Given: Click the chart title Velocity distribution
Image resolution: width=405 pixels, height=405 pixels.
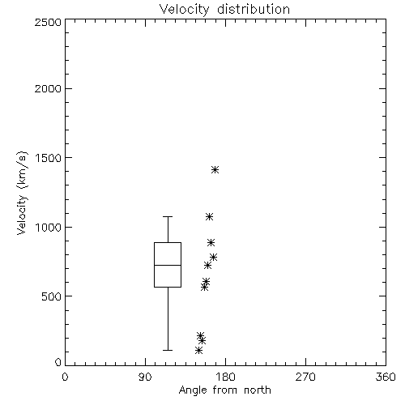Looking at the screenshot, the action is [x=224, y=10].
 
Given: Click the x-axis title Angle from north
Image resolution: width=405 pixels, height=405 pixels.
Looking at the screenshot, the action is [x=224, y=390].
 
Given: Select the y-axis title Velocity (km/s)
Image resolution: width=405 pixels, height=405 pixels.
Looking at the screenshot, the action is [x=22, y=194].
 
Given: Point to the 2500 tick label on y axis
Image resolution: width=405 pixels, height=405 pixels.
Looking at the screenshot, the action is [x=48, y=22].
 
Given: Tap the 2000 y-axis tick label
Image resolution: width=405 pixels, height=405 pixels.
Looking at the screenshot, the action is [x=48, y=88].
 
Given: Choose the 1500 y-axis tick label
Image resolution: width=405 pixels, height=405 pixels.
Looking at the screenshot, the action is [x=49, y=158].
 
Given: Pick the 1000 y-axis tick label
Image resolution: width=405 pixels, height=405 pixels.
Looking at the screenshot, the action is [x=49, y=227].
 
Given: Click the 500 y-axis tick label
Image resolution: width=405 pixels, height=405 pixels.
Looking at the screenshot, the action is [x=52, y=296].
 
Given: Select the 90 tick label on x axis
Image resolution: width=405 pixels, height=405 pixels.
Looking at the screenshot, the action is [x=145, y=377].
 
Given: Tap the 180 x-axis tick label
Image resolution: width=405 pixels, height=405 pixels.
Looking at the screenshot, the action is [x=225, y=377].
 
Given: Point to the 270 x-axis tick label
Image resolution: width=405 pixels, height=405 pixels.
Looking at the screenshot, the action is [x=305, y=377].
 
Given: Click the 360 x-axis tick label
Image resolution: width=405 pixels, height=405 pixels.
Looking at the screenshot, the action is [x=386, y=377].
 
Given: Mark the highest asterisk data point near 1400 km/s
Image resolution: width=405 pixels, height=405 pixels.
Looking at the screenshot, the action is [x=215, y=170].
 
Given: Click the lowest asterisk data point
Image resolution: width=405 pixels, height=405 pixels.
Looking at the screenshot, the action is [x=198, y=351].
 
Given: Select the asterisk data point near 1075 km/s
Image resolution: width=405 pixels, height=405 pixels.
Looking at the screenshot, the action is [x=209, y=217].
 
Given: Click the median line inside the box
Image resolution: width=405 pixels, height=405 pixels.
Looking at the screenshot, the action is [x=168, y=265].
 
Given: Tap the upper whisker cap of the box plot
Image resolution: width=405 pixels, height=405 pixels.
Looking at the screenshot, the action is [x=168, y=216].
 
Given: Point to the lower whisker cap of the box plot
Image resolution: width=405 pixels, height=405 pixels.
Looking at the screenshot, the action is [x=168, y=350].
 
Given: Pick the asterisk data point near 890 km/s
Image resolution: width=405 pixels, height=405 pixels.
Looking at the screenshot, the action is [x=211, y=242].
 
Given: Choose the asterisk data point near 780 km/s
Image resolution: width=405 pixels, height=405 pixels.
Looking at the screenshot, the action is [x=214, y=257].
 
